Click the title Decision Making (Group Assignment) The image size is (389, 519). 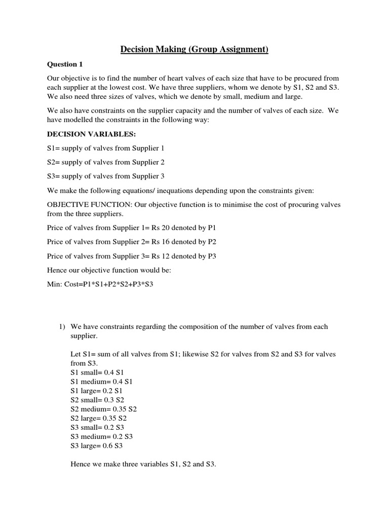click(x=194, y=49)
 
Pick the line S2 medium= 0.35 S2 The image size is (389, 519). click(x=104, y=409)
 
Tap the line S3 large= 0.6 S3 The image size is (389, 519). click(x=96, y=446)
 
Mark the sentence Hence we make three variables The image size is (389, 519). click(x=143, y=464)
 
